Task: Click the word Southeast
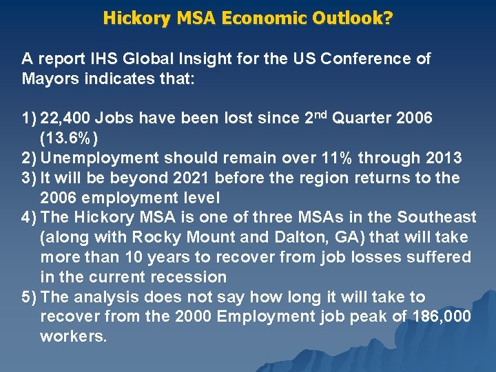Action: (439, 218)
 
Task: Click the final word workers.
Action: (73, 338)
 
